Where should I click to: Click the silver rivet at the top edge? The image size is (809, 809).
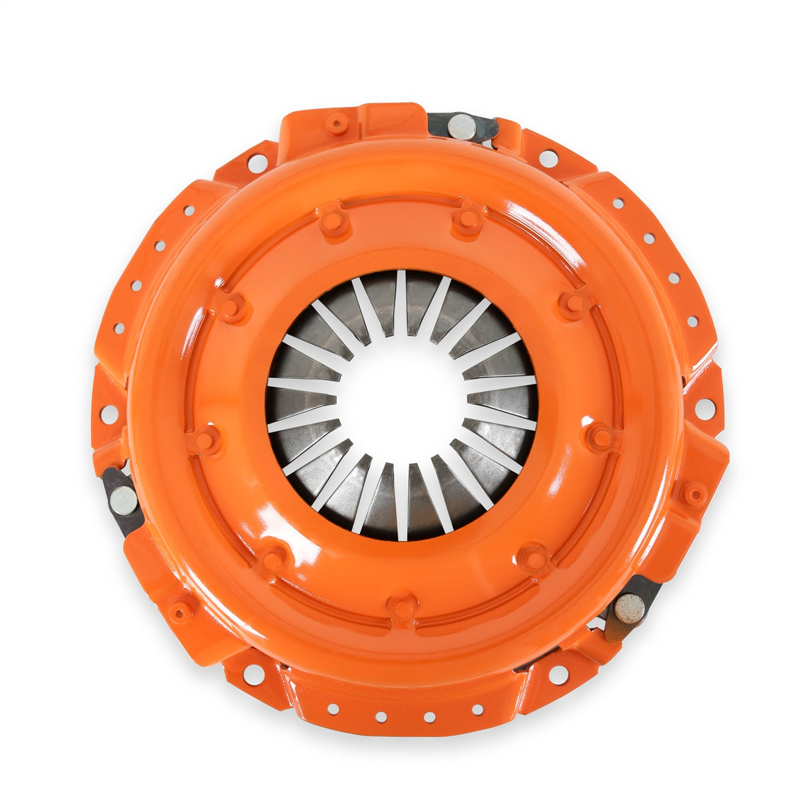click(461, 127)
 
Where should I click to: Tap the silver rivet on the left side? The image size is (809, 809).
click(123, 499)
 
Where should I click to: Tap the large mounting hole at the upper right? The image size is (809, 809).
click(548, 159)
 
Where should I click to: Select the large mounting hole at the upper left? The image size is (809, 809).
click(257, 162)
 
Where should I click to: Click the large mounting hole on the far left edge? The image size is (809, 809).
click(109, 414)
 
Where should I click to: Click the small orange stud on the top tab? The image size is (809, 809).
click(337, 124)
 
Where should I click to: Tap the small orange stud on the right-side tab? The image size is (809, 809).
click(694, 494)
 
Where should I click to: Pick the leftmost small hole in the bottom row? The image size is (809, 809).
click(332, 709)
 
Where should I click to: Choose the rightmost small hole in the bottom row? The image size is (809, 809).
click(477, 709)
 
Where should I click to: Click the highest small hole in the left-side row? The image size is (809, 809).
click(189, 211)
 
